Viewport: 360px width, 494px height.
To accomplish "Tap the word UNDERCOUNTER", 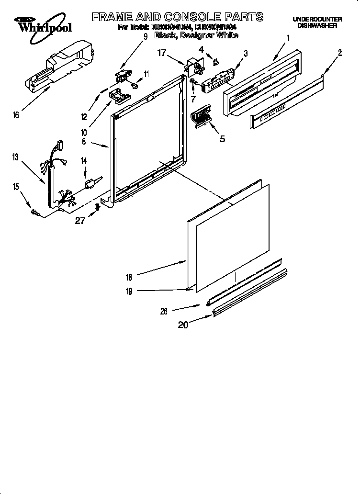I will click(x=317, y=19).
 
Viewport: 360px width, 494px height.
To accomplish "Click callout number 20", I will click(x=183, y=325).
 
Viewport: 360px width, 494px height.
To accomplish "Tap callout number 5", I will click(x=222, y=139).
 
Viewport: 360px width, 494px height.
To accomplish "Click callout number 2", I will click(x=340, y=53).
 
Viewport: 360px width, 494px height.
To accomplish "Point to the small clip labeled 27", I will click(x=98, y=207).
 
